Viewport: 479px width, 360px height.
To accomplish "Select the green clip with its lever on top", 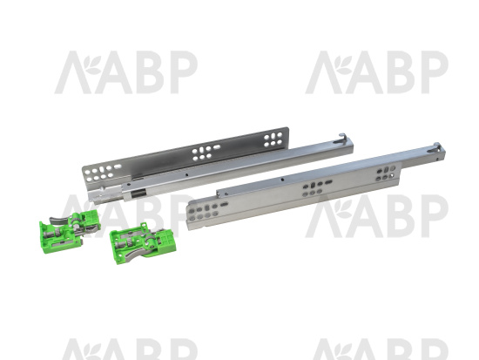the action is click(70, 229).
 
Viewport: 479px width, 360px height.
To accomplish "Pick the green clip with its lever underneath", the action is click(143, 243).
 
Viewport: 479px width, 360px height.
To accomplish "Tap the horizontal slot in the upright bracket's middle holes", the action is click(217, 147).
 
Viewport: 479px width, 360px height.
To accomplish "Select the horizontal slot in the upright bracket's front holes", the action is click(118, 166).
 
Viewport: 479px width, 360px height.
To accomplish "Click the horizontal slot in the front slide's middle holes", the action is click(328, 182).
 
